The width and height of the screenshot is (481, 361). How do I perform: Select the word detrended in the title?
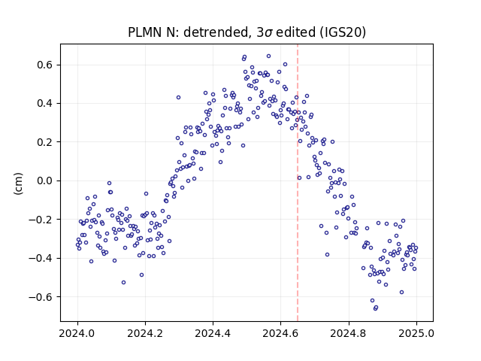click(216, 32)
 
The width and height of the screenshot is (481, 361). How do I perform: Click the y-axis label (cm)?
click(18, 184)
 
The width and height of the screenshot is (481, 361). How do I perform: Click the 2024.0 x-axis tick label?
click(77, 333)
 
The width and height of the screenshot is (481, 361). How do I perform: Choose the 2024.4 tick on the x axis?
click(213, 333)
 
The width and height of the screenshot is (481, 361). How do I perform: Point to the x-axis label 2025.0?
click(416, 333)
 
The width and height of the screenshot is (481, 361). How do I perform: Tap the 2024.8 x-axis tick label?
click(349, 333)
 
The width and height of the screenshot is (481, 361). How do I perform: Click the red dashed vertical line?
click(298, 183)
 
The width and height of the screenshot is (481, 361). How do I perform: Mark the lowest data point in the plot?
click(375, 308)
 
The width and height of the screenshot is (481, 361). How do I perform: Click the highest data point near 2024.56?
click(269, 56)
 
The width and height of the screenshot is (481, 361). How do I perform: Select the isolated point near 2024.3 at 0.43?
click(178, 97)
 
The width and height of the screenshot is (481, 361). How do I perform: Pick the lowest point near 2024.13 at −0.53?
click(123, 283)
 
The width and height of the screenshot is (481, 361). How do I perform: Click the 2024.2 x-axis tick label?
click(145, 333)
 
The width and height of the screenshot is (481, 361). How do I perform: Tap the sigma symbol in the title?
click(268, 33)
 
